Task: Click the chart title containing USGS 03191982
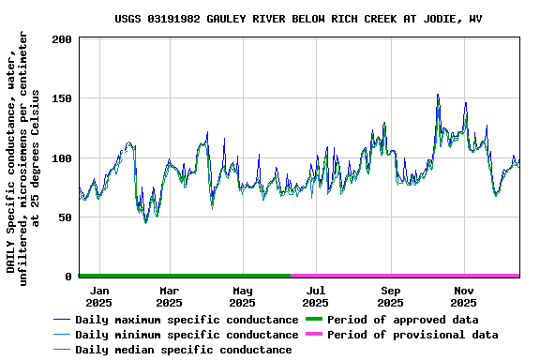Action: click(299, 19)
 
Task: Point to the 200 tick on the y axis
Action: click(63, 39)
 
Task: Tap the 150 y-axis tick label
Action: click(63, 98)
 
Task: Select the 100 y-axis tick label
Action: click(63, 157)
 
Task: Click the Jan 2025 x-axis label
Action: click(98, 296)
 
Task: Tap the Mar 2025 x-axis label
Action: click(169, 296)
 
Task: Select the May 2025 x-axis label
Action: click(243, 296)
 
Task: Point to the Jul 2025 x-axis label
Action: click(316, 296)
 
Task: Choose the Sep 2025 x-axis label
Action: click(390, 296)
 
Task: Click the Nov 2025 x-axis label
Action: click(464, 296)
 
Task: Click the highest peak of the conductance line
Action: click(438, 95)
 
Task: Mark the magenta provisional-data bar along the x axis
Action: click(405, 276)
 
